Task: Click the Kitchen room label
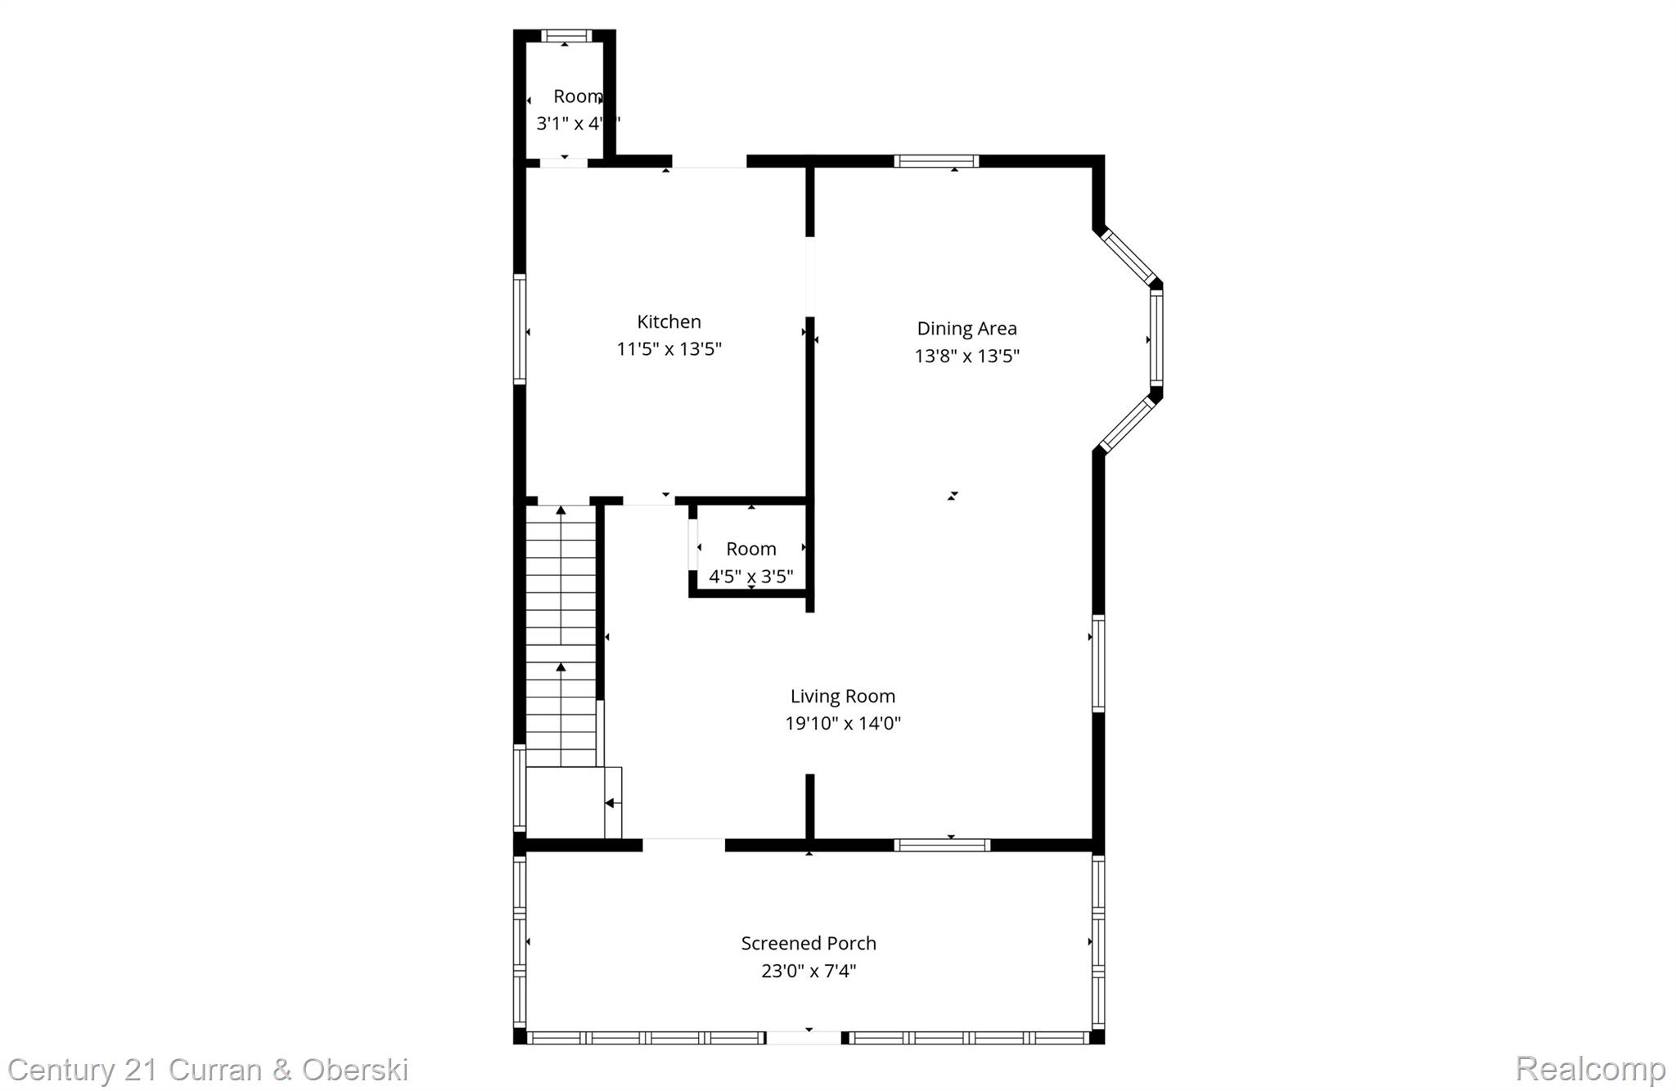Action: coord(669,321)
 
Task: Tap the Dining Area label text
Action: coord(966,328)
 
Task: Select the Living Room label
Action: coord(842,696)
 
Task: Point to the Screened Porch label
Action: coord(809,943)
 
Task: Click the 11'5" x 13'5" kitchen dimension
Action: coord(669,349)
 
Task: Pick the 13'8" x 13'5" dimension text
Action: coord(966,356)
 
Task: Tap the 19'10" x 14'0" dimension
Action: coord(842,724)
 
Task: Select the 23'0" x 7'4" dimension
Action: coord(809,971)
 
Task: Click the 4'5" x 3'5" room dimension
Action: coord(750,577)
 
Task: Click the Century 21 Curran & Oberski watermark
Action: coord(208,1070)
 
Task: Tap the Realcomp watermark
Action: coord(1590,1069)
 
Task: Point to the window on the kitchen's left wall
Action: coord(520,329)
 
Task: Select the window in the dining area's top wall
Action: coord(936,161)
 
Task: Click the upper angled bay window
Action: coord(1127,256)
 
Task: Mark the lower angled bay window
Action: coord(1127,424)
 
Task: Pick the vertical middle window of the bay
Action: coord(1156,339)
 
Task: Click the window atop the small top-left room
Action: coord(565,36)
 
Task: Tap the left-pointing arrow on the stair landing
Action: coord(610,803)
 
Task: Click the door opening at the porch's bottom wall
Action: coord(804,1038)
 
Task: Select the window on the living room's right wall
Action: coord(1098,663)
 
